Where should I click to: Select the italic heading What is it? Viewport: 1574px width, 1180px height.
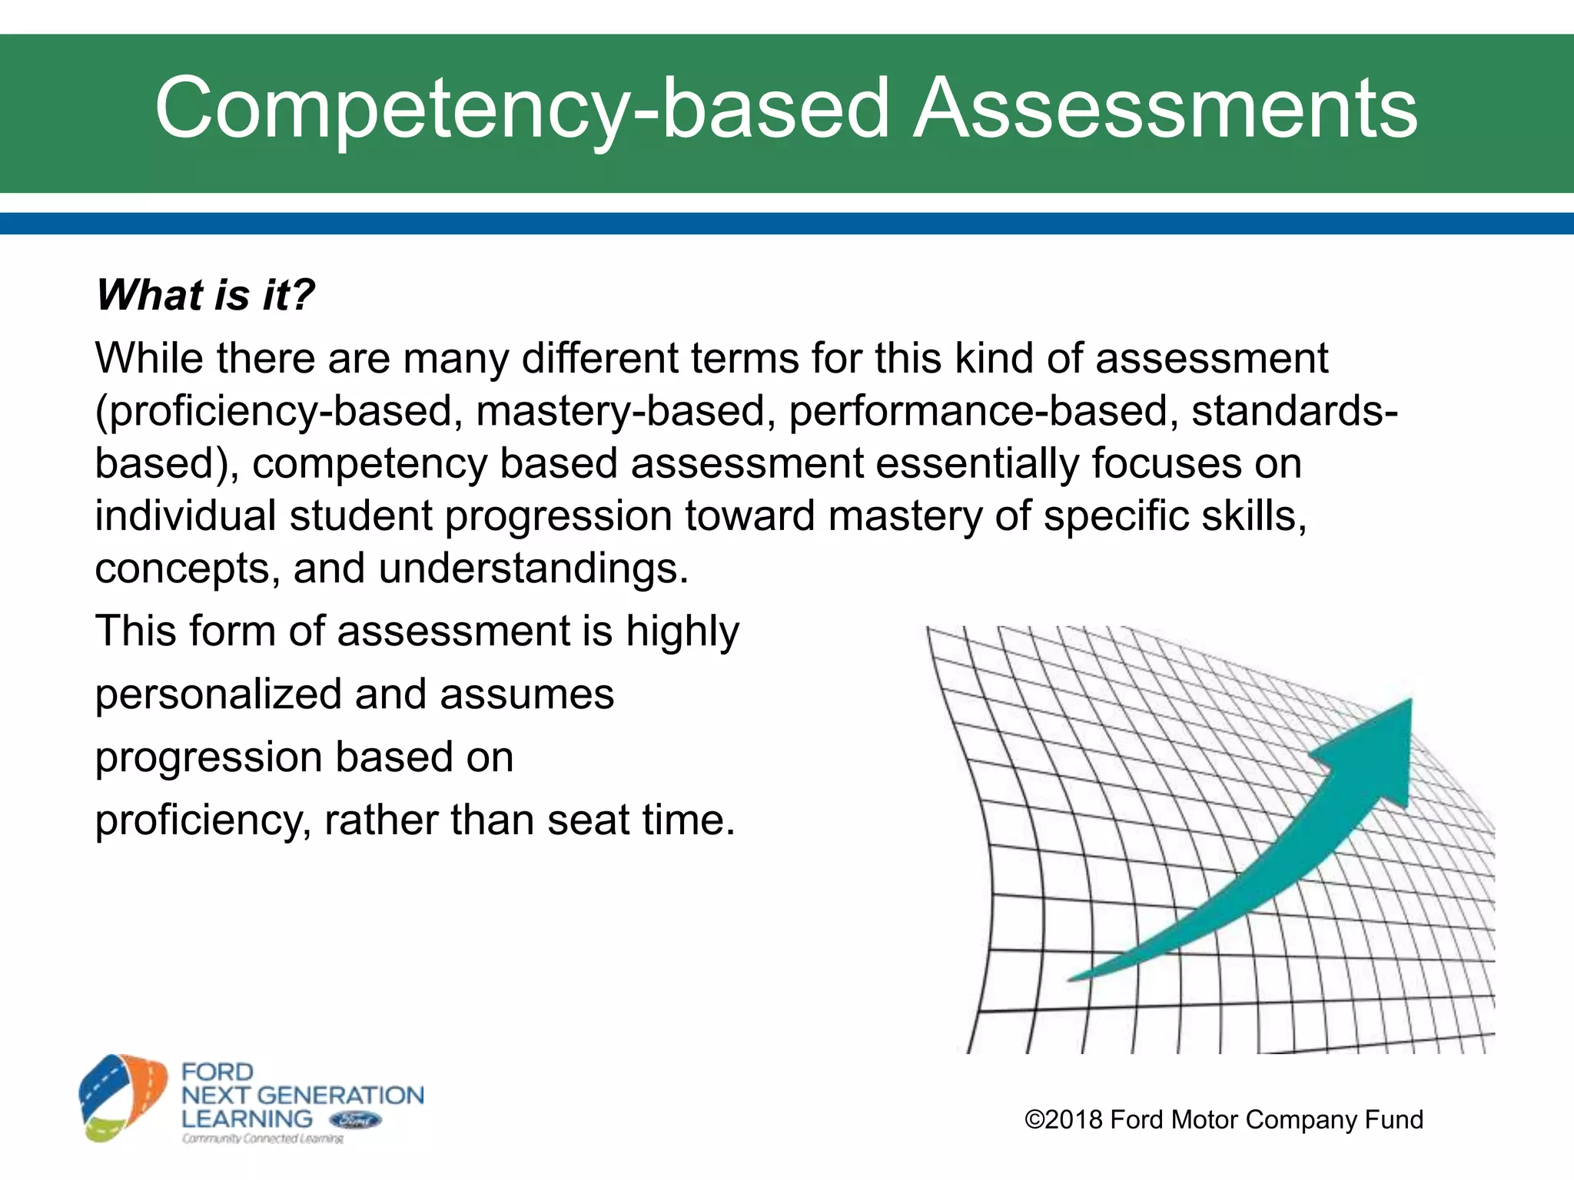click(205, 295)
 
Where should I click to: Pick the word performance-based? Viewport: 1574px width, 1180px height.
click(983, 411)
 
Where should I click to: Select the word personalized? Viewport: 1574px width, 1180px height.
click(218, 694)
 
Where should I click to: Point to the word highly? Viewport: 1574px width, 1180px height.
click(682, 631)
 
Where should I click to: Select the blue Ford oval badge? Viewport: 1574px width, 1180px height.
click(354, 1120)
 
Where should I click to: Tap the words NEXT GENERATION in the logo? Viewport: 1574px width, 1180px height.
click(302, 1095)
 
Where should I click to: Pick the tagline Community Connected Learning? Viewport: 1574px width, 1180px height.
click(262, 1139)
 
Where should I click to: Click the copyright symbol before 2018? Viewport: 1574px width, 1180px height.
click(1034, 1119)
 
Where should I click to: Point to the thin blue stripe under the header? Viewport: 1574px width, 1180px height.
click(787, 224)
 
